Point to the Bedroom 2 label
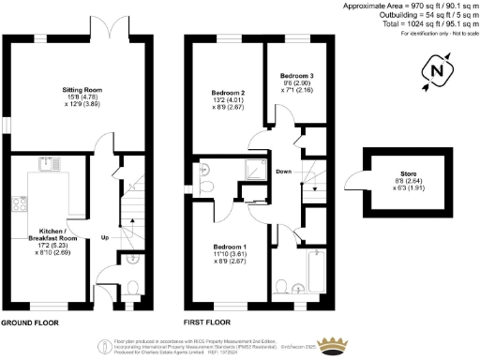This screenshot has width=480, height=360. pos(230,94)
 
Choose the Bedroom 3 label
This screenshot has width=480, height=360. pos(297,75)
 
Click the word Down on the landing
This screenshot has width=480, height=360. pos(283,170)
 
